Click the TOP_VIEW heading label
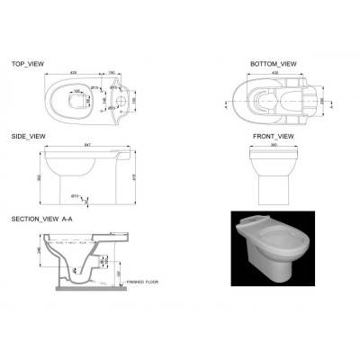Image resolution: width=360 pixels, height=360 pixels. [x=29, y=65]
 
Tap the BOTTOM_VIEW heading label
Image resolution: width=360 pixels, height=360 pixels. [x=273, y=65]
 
